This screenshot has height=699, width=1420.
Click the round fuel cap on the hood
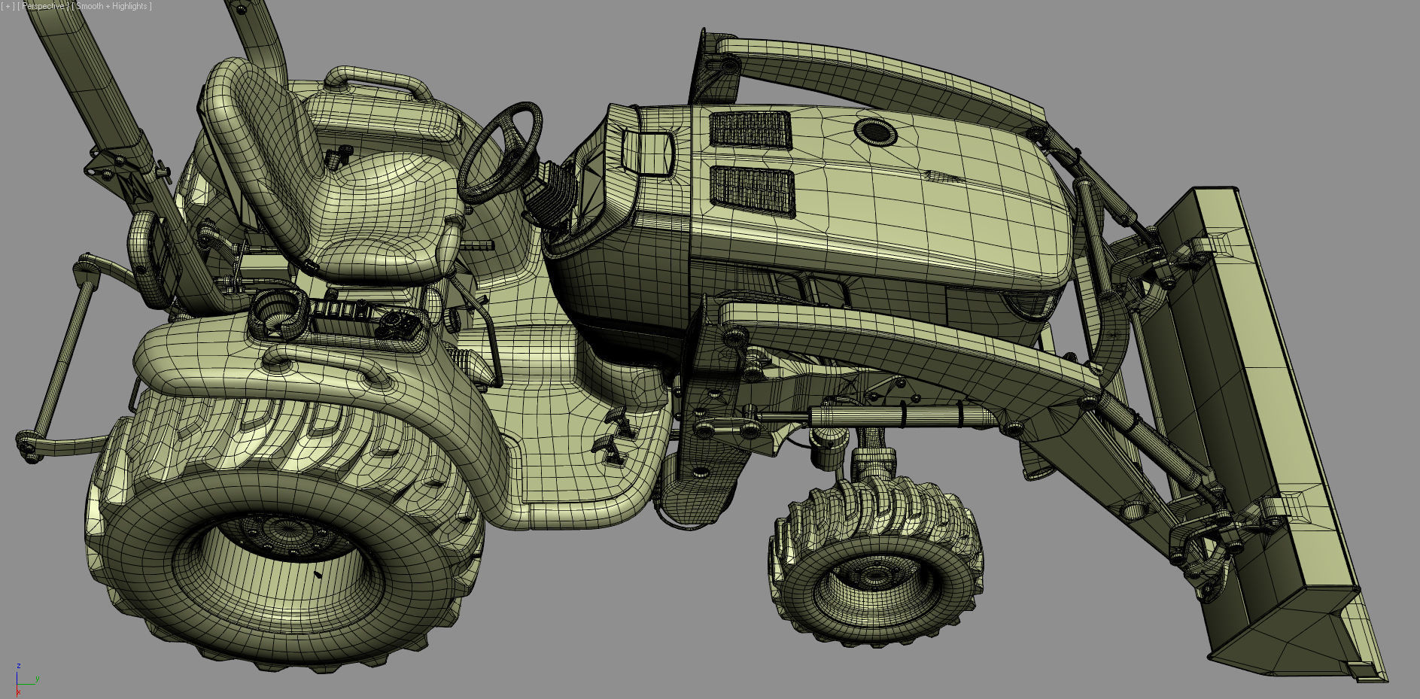(x=875, y=133)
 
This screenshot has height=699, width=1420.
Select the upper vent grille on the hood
(x=750, y=129)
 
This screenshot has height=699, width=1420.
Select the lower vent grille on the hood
(x=753, y=190)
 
